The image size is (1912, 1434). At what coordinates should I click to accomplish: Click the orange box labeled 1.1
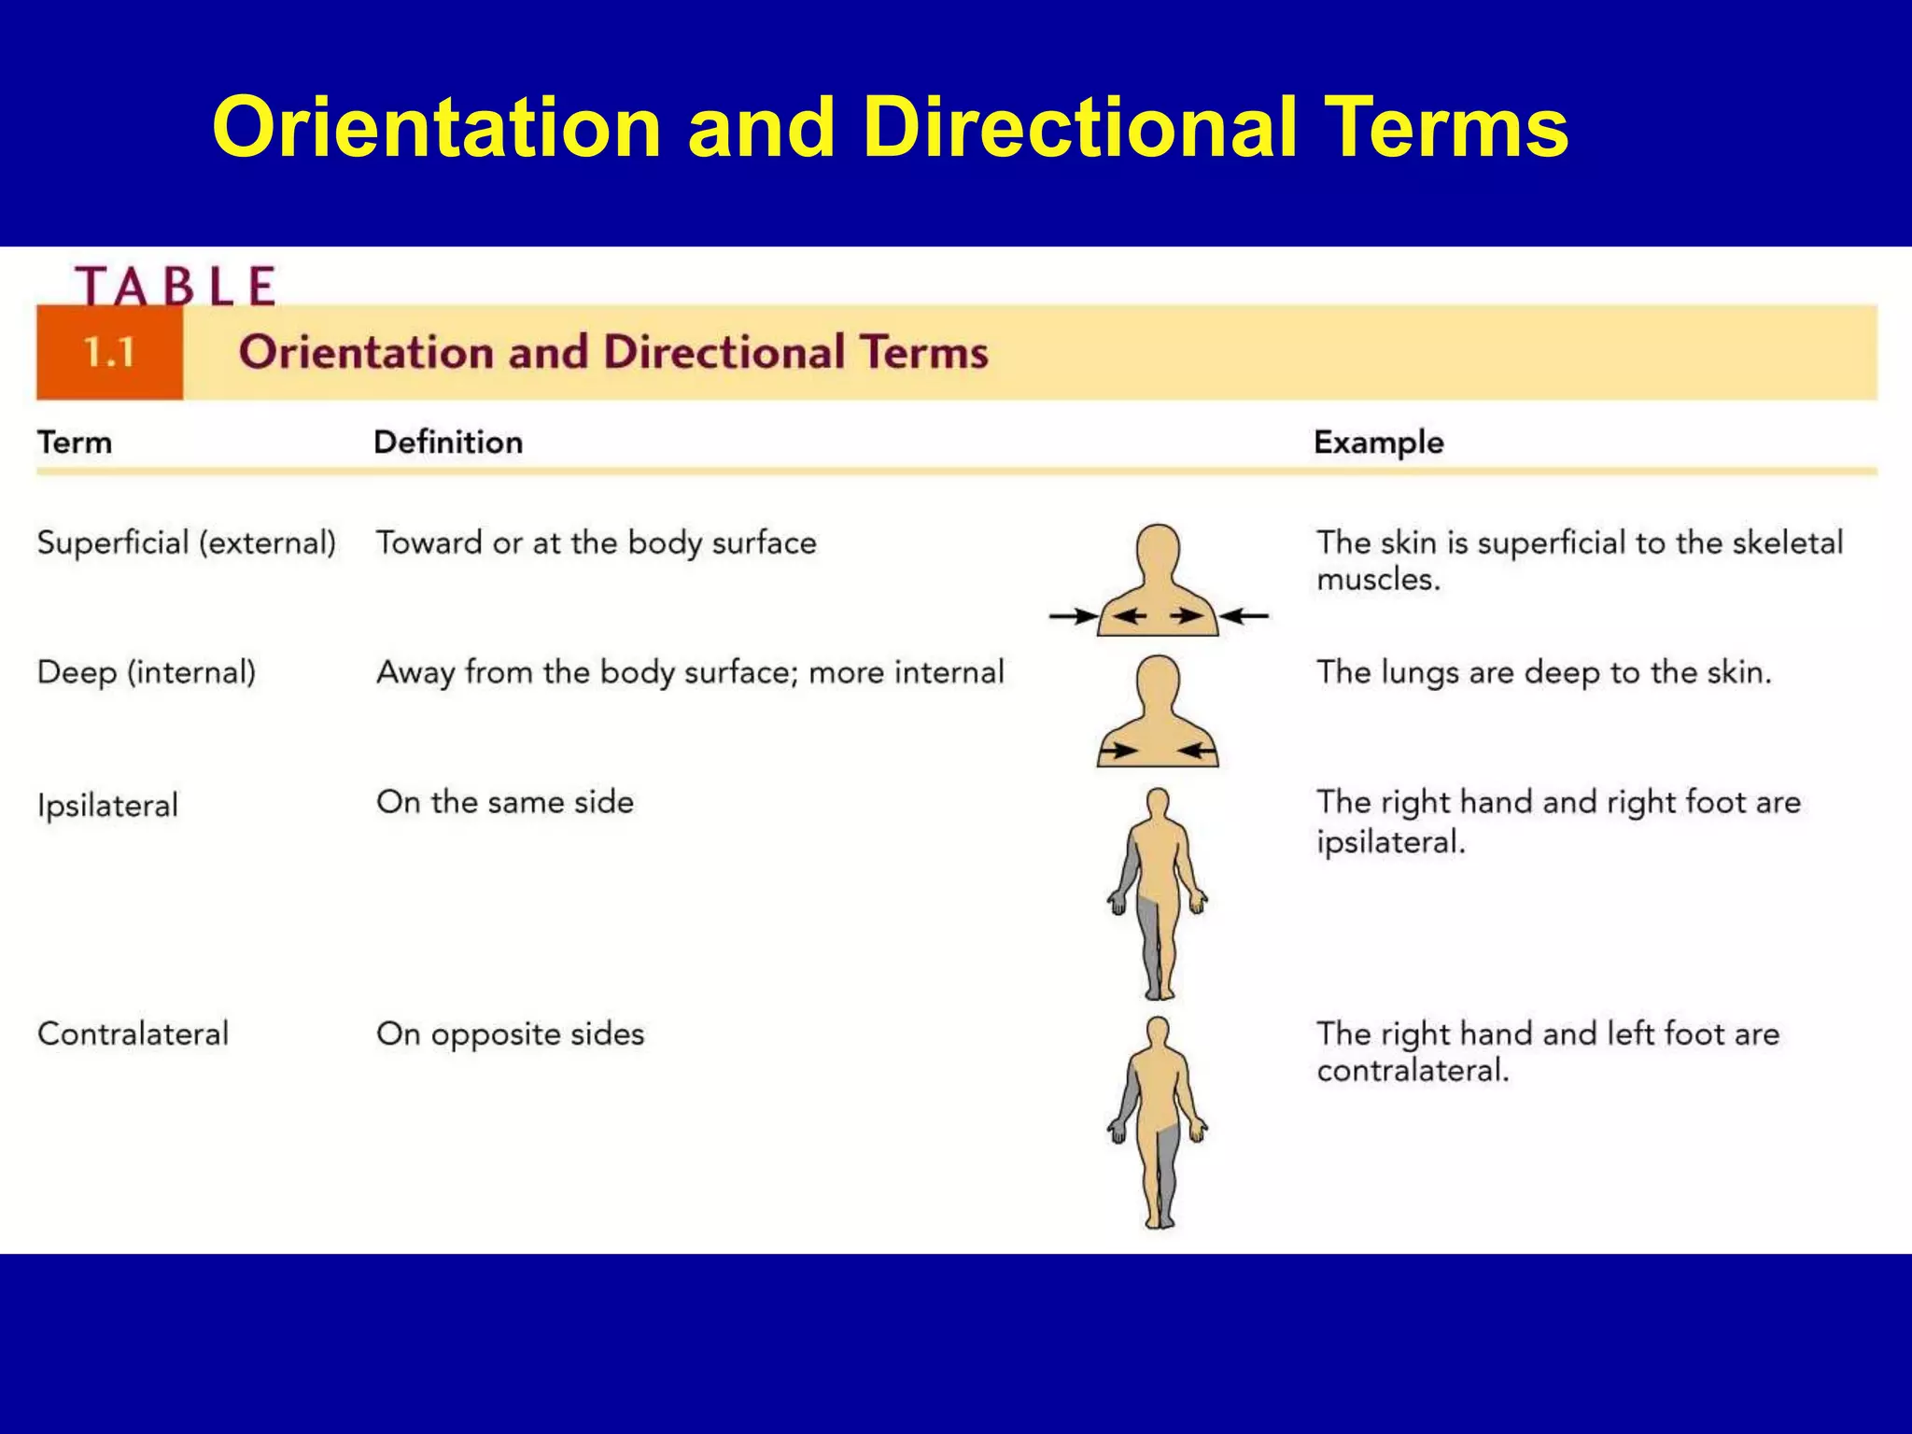(x=109, y=353)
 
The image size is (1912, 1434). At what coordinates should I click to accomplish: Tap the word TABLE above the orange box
(x=176, y=286)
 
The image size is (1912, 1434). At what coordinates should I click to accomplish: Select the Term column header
(x=75, y=442)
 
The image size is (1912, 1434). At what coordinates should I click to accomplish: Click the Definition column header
(x=448, y=442)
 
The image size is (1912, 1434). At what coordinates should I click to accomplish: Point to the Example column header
(x=1378, y=442)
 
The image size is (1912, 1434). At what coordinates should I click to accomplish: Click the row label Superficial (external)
(x=186, y=542)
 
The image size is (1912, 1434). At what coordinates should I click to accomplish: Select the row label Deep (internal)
(x=147, y=672)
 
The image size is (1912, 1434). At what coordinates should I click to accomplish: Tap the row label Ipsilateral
(x=107, y=805)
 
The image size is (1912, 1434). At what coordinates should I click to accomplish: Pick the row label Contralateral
(x=133, y=1033)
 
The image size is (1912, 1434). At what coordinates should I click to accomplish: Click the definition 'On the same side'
(x=505, y=802)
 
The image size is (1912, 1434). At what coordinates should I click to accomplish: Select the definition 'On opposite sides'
(x=510, y=1033)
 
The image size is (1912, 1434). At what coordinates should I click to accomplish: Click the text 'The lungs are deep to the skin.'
(x=1543, y=672)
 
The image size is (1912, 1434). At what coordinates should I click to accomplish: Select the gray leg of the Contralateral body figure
(x=1167, y=1172)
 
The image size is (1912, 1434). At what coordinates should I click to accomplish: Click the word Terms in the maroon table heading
(x=923, y=353)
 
